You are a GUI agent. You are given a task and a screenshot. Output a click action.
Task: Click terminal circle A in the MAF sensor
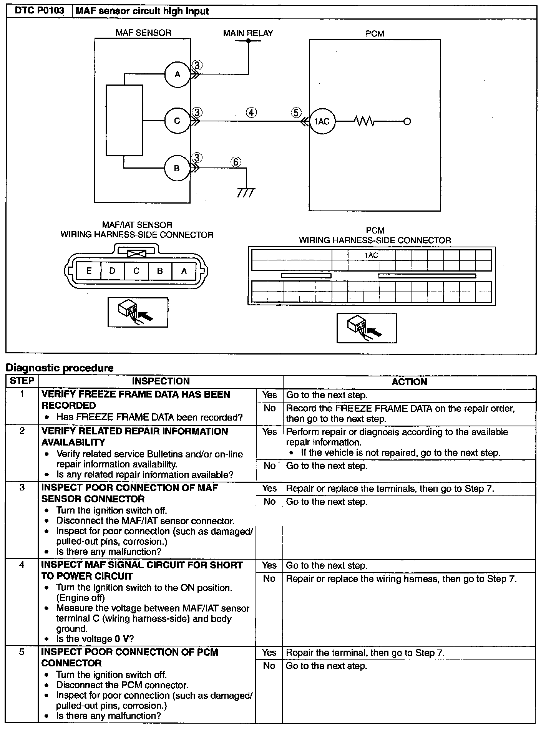(x=177, y=75)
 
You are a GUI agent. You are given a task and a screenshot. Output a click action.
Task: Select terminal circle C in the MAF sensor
(x=177, y=121)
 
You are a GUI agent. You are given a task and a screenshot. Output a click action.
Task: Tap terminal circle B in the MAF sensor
(x=177, y=168)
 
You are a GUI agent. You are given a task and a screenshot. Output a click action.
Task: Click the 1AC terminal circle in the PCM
(x=322, y=122)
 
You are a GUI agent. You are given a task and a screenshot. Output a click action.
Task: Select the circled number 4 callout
(x=251, y=113)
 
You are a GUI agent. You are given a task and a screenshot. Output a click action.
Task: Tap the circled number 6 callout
(x=236, y=162)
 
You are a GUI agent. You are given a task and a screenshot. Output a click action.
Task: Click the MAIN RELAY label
(x=248, y=33)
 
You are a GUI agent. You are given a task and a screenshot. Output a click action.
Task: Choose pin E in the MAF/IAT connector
(x=89, y=271)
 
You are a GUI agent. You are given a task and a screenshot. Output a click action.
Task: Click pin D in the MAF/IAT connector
(x=112, y=271)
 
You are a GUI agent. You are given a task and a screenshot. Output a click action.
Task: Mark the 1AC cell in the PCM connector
(x=372, y=255)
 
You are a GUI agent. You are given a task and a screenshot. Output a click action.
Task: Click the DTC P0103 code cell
(x=39, y=11)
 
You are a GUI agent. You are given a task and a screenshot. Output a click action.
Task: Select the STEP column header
(x=22, y=381)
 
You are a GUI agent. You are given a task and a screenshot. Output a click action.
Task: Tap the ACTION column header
(x=409, y=382)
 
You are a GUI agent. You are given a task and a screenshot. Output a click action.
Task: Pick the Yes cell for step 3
(x=269, y=488)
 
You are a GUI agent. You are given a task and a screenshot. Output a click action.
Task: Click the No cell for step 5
(x=269, y=666)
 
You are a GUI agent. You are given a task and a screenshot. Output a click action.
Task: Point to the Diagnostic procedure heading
(x=60, y=368)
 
